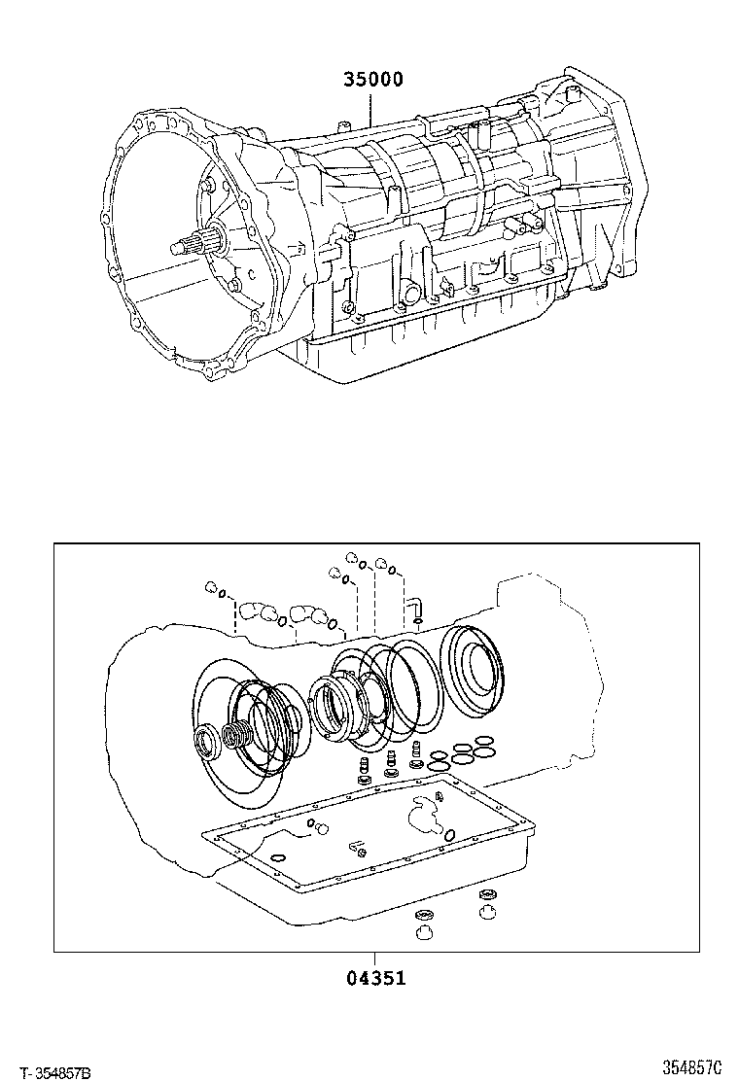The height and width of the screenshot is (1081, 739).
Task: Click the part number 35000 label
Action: (372, 81)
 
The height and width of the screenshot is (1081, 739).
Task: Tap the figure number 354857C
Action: (692, 1067)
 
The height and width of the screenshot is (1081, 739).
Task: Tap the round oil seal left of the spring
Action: (208, 744)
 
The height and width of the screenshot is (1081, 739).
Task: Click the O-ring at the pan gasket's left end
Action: (278, 856)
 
